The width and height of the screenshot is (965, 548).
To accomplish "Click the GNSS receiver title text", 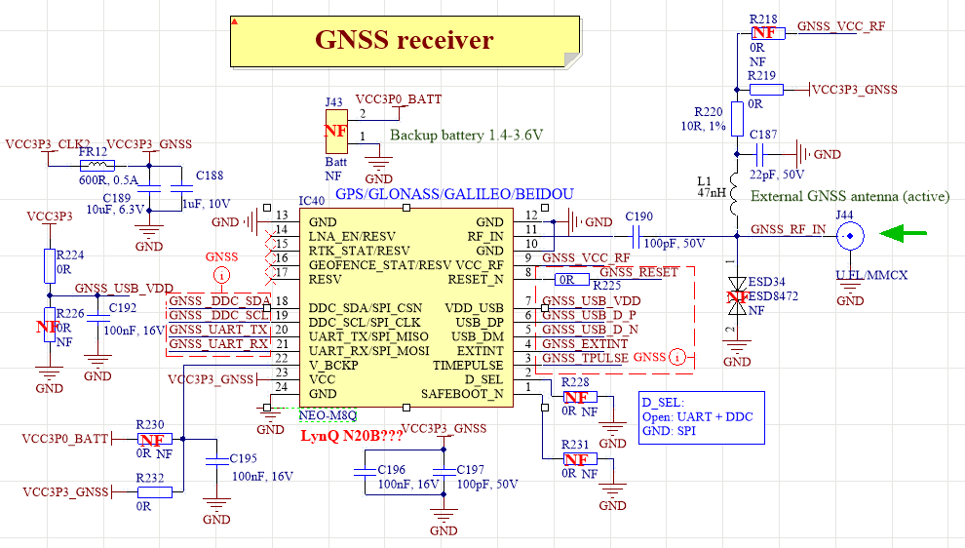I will [404, 40].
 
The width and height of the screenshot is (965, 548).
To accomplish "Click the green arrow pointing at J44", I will [903, 233].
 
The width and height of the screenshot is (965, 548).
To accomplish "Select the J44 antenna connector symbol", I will [851, 234].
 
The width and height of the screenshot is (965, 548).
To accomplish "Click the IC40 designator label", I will [312, 201].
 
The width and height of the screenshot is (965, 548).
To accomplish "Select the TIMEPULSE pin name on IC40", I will [468, 364].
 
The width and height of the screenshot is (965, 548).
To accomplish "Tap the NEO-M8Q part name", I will [328, 413].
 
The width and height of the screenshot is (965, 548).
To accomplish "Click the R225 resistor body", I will [565, 280].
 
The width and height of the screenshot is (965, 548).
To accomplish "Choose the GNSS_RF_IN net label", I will [789, 230].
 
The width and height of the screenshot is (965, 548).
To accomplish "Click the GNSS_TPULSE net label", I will [585, 358].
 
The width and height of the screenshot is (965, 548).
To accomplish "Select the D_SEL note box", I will [701, 417].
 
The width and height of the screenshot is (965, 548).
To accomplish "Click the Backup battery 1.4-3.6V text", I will [466, 135].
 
